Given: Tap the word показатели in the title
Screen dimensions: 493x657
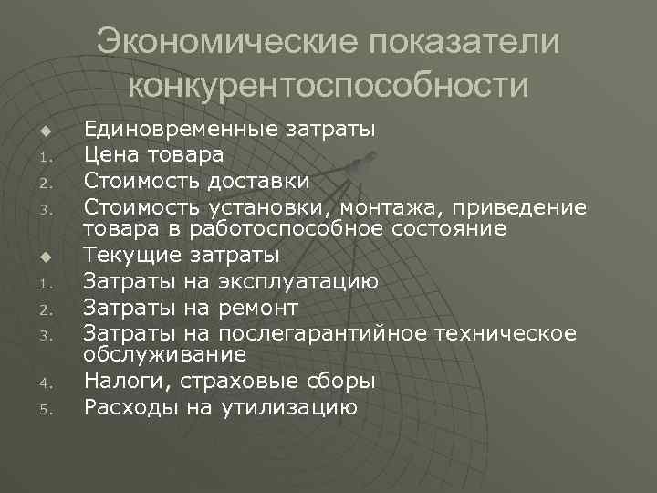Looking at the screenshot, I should click(x=464, y=43).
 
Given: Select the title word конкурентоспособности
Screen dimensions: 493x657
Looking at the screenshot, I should click(x=328, y=85).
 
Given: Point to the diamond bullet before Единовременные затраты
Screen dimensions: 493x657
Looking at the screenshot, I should click(x=42, y=131).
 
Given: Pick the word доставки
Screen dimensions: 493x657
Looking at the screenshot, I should click(x=257, y=182).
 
